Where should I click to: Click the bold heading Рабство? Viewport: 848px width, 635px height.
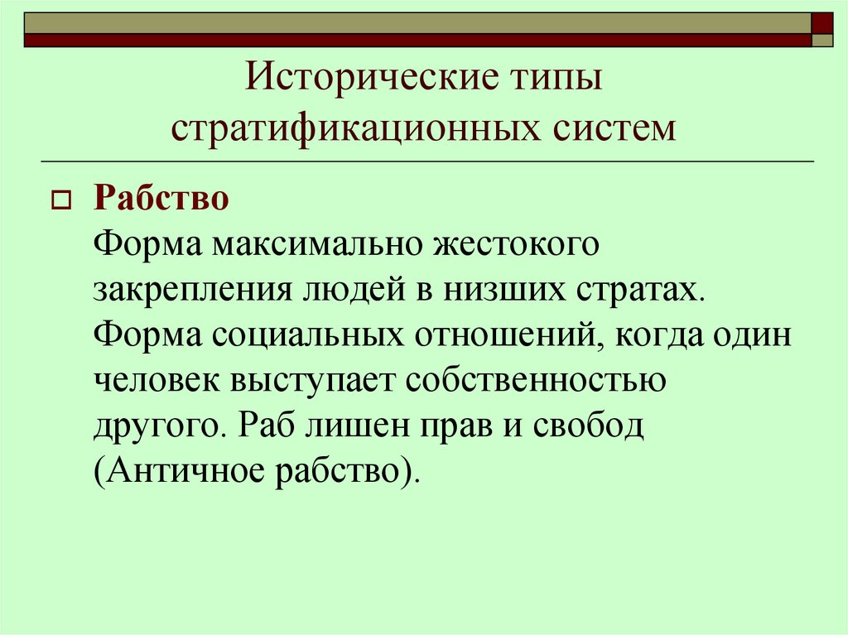(161, 199)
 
